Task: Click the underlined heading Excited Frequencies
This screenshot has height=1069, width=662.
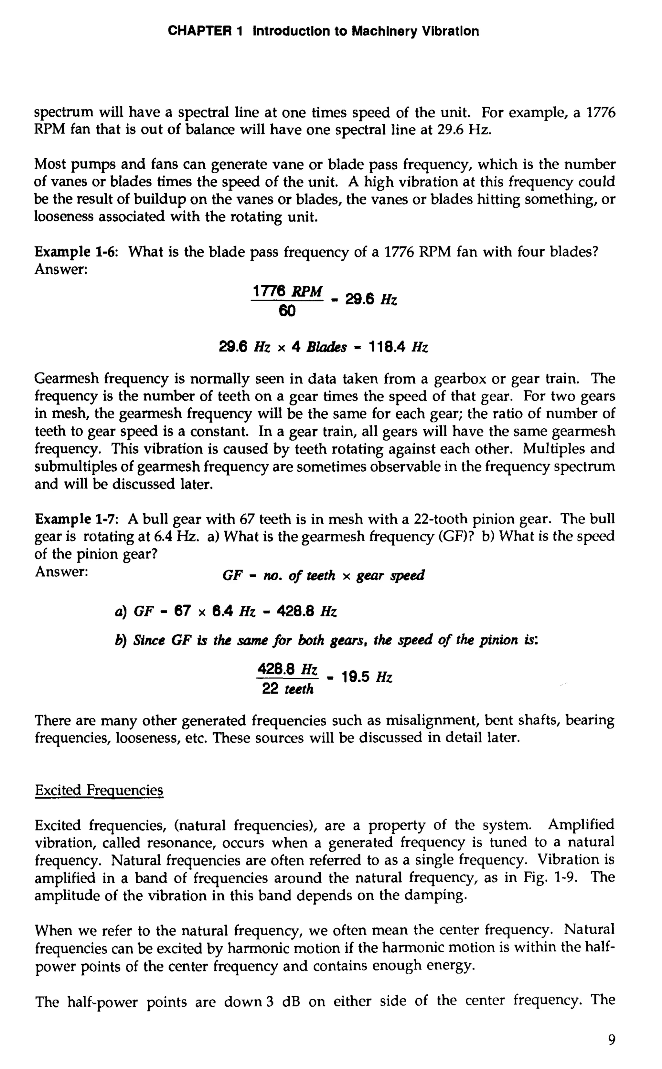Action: point(99,790)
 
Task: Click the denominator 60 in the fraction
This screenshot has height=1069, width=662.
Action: point(287,311)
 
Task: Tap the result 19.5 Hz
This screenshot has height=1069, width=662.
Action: point(367,678)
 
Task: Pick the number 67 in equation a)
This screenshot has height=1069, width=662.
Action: point(182,611)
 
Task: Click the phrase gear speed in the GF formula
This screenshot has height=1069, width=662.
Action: point(390,575)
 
